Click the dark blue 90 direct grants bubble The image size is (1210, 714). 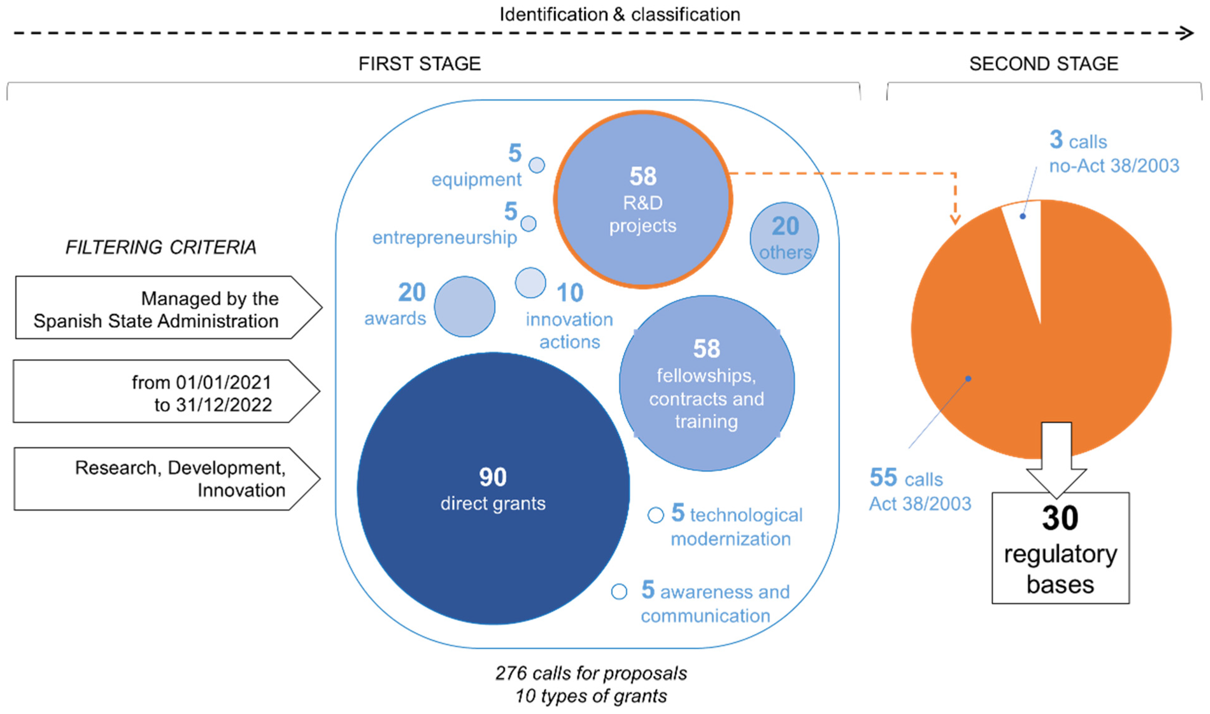493,488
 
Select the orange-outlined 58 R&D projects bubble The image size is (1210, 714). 643,200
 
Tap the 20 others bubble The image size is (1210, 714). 784,238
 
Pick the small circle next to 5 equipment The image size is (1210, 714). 536,165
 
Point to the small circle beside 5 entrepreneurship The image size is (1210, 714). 528,223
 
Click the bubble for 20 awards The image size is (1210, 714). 464,306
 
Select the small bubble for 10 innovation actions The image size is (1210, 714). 530,282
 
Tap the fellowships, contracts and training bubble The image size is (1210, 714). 706,383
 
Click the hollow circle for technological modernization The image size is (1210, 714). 655,515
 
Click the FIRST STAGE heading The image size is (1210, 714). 420,64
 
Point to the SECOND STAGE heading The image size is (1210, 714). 1043,64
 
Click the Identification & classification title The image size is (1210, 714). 620,15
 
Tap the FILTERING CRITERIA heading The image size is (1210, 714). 161,247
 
